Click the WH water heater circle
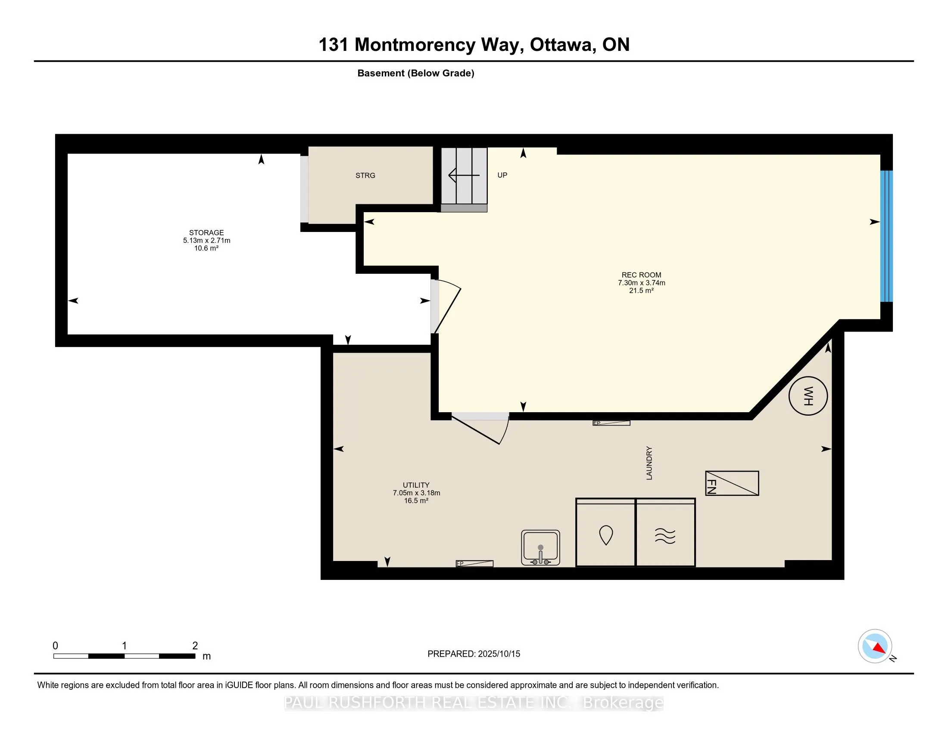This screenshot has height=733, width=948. click(808, 395)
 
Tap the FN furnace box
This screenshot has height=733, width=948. click(732, 483)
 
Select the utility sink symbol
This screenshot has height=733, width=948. click(540, 548)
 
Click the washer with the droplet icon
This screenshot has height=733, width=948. click(605, 533)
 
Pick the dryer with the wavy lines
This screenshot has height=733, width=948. click(665, 533)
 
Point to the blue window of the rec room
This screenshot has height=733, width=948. click(886, 236)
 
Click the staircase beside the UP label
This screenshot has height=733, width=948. click(464, 179)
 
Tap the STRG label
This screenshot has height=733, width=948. click(365, 175)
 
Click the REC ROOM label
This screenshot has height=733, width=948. click(641, 275)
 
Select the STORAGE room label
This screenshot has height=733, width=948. click(206, 233)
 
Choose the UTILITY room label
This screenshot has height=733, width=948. click(416, 485)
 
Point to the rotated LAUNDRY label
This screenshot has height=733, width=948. click(649, 463)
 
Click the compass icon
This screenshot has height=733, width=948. click(875, 646)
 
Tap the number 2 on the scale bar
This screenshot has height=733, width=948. click(195, 646)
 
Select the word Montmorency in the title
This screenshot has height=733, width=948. click(415, 45)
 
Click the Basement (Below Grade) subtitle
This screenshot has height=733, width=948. click(416, 73)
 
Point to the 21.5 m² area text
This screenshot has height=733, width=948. click(641, 291)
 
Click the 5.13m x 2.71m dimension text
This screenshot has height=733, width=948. click(206, 241)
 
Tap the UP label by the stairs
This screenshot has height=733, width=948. click(502, 175)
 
